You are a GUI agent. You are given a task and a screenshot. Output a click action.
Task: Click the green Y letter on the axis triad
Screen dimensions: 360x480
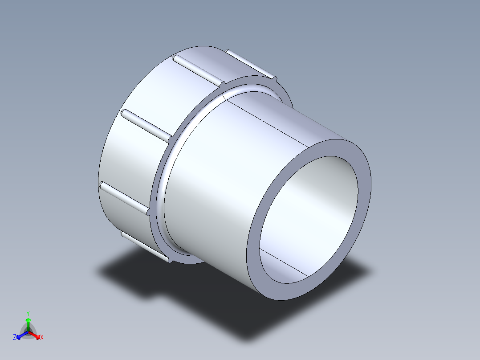coord(28,313)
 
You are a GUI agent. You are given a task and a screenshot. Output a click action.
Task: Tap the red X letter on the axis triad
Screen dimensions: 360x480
coord(42,338)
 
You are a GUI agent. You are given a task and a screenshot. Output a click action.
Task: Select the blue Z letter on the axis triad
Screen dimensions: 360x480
coord(15,338)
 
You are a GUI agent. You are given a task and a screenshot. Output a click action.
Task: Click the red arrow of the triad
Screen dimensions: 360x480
coord(36,335)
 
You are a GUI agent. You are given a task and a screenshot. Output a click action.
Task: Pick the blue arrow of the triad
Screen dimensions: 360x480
coord(20,335)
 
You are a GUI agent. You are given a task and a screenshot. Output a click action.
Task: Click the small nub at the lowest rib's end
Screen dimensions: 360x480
coord(170,260)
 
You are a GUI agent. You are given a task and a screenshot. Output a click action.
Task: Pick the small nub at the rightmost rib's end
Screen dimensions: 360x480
coord(274,79)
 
